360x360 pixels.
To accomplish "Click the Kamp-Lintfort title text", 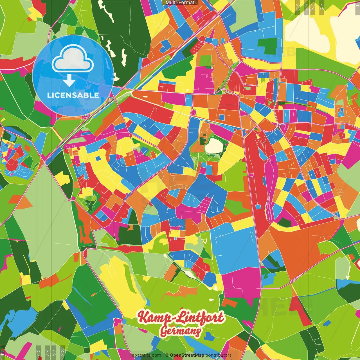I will point(181,318).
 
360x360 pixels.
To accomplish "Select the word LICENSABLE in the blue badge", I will point(73,95).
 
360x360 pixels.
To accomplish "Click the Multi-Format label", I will point(180,3).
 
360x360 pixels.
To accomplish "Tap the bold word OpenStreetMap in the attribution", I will point(187,355).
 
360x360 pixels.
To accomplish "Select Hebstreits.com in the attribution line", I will point(145,355).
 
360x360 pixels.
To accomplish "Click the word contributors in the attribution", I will point(219,355).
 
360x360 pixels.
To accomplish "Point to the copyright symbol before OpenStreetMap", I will point(167,355).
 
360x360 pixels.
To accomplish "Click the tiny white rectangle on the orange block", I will point(145,96).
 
